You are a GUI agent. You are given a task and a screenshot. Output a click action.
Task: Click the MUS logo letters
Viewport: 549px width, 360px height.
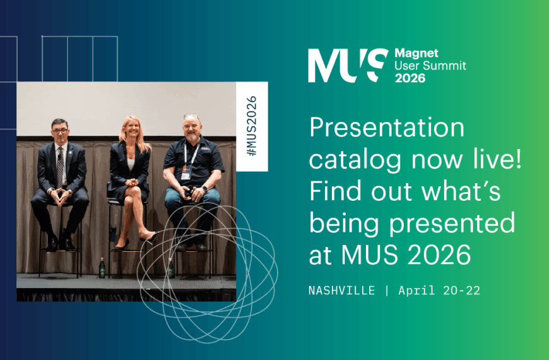point(348,65)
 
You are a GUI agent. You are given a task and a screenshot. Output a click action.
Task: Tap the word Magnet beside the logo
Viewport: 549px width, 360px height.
point(416,54)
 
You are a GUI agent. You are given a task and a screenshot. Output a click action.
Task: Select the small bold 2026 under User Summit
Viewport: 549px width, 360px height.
point(410,78)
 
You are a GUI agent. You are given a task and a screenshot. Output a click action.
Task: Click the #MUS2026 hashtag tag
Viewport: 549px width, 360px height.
point(252,126)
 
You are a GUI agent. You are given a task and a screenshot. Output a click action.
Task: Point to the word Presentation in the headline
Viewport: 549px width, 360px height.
point(387,129)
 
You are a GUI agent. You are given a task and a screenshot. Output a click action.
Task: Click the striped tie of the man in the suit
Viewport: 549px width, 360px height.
point(60,165)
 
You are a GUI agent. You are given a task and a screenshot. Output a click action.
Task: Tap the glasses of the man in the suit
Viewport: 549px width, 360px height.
point(60,129)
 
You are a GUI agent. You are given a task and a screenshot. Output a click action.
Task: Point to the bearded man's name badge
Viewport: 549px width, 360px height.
point(186,173)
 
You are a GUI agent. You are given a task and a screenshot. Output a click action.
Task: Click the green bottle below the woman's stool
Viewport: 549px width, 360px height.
point(102,268)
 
